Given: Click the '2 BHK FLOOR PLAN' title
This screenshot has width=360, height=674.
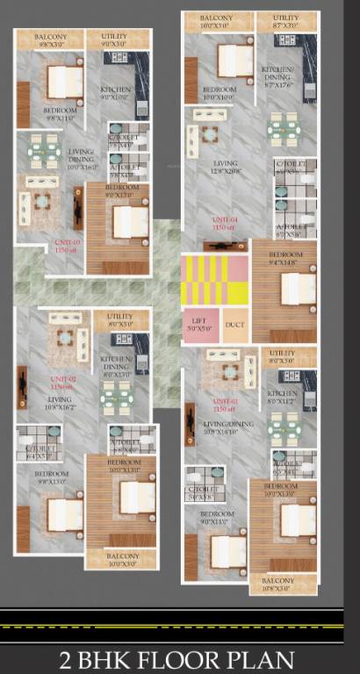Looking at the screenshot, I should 179,658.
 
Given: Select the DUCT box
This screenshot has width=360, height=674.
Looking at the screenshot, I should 234,324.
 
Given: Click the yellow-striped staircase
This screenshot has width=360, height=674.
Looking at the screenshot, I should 214,280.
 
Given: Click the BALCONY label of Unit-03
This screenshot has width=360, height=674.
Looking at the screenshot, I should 51,38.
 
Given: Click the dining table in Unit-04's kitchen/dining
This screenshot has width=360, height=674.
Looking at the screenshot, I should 284,129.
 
